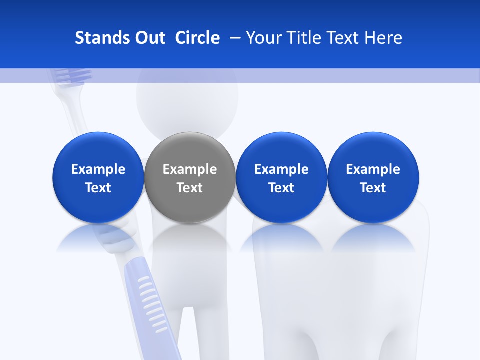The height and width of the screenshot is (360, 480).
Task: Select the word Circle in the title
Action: click(x=197, y=38)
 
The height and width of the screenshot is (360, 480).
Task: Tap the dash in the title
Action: click(x=234, y=38)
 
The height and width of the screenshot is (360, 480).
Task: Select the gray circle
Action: click(x=190, y=150)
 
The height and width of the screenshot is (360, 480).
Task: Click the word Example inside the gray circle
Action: click(x=190, y=169)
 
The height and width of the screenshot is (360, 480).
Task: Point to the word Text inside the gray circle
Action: click(x=190, y=188)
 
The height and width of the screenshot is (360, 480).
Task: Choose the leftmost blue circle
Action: click(x=98, y=150)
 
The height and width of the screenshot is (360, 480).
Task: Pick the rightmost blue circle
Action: click(x=373, y=150)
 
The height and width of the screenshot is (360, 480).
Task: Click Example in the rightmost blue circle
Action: click(x=373, y=169)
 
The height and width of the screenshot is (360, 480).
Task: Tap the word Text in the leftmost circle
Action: click(x=98, y=188)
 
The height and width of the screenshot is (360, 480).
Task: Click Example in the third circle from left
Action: click(x=281, y=169)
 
